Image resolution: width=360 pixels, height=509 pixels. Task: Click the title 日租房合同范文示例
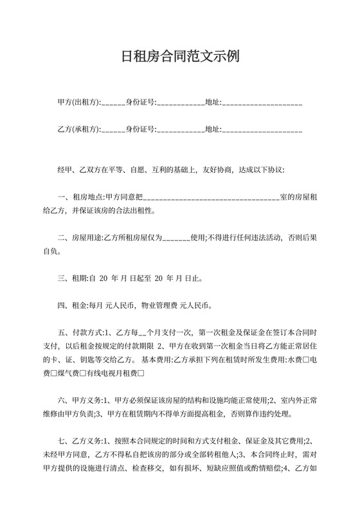(180, 55)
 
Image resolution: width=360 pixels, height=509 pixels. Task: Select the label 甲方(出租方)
(78, 102)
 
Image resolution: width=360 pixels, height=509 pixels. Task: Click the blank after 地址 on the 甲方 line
(262, 103)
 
